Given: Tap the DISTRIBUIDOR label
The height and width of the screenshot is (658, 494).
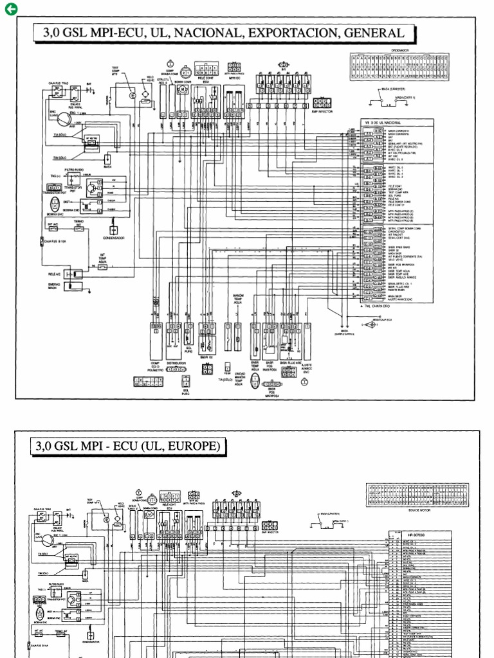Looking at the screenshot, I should (x=176, y=363).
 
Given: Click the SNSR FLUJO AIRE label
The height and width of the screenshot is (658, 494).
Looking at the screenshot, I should (x=288, y=362).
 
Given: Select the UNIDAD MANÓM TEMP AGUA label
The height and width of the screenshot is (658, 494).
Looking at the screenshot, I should (x=239, y=378).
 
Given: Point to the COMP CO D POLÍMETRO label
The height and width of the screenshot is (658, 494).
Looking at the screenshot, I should (x=155, y=366).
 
